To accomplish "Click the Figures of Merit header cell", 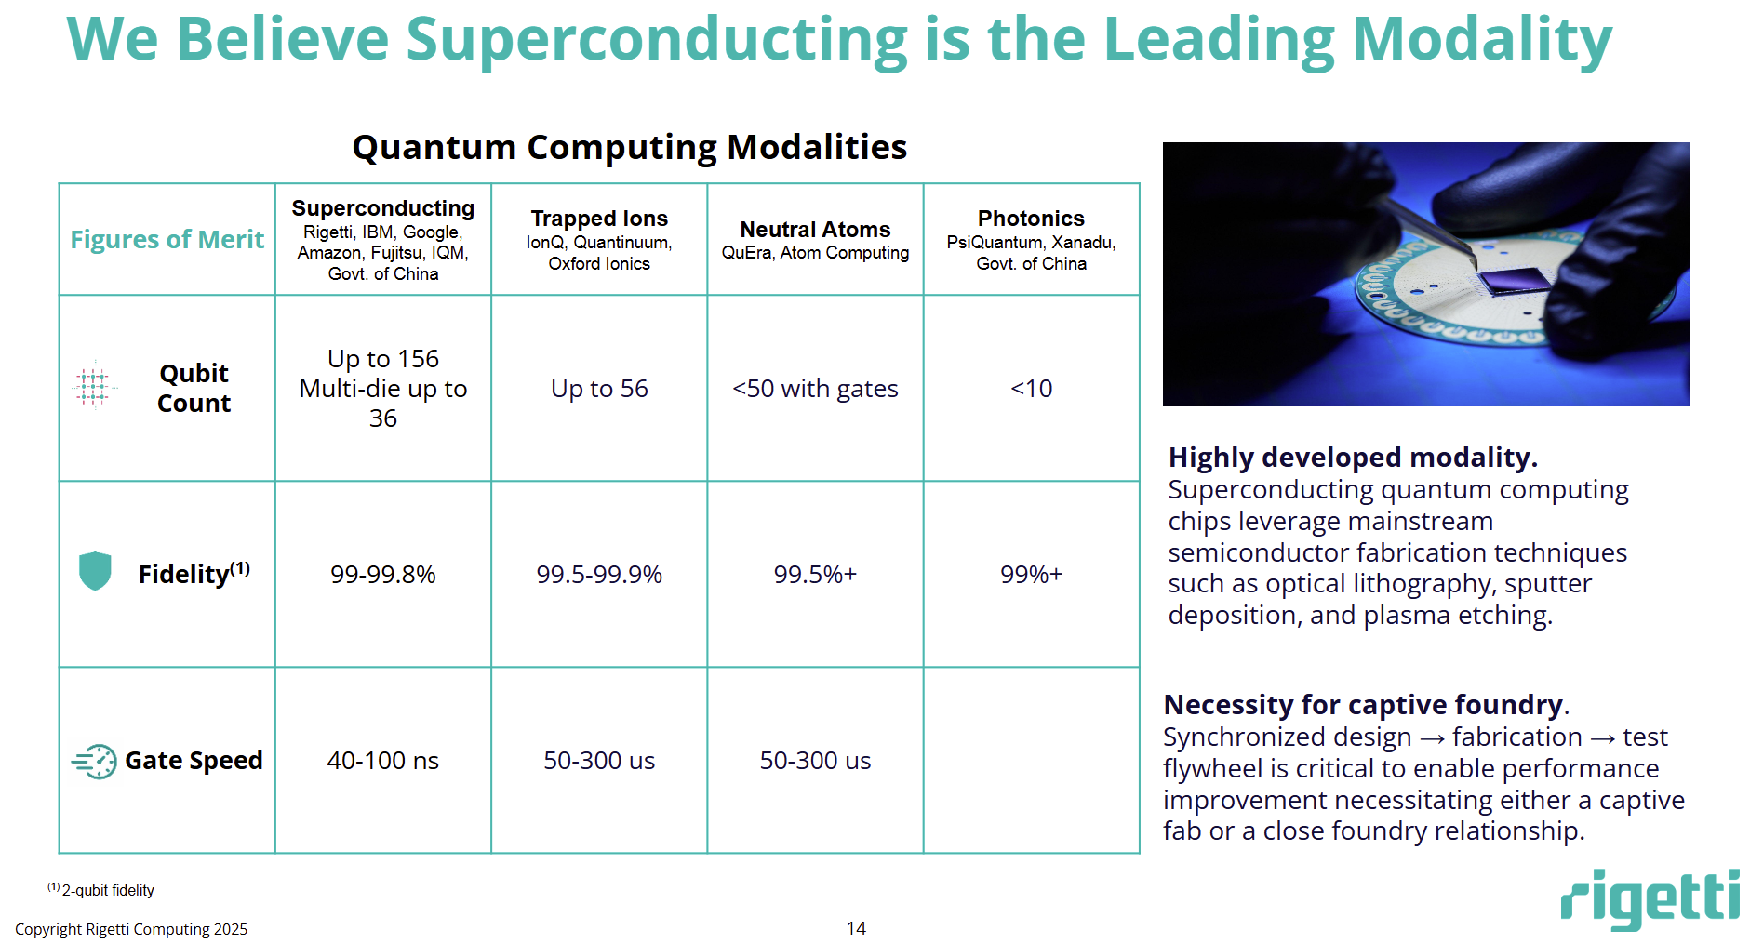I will (167, 240).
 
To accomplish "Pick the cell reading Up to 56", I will (599, 389).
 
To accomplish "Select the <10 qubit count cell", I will (1031, 389).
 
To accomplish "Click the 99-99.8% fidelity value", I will (382, 575).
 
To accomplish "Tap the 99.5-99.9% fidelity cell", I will (599, 575).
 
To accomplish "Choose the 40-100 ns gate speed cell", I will (382, 761).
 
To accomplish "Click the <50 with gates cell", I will (815, 389).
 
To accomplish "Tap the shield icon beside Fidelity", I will (95, 571).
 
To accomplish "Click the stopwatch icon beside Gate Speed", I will (95, 762).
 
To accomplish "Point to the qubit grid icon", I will (93, 384).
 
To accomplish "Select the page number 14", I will (856, 928).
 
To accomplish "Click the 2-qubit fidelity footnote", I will (102, 890).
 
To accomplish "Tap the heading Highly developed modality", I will (1353, 458).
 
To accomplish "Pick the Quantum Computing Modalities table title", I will (629, 147).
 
